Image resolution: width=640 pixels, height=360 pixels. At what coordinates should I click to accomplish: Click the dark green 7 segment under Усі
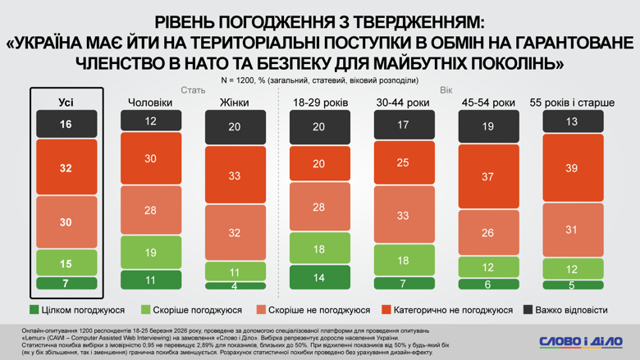[x=66, y=283]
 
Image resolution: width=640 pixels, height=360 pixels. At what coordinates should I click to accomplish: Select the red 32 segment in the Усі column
[x=66, y=168]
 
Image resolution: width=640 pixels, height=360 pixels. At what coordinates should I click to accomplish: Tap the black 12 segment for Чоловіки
[x=151, y=121]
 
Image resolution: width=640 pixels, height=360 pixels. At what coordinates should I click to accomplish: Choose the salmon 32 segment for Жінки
[x=235, y=233]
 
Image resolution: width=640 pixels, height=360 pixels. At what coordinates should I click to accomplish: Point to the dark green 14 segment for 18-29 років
[x=320, y=278]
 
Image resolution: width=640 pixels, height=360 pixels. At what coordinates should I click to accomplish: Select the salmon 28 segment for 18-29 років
[x=320, y=207]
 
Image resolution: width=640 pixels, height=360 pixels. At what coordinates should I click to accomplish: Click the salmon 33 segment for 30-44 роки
[x=405, y=216]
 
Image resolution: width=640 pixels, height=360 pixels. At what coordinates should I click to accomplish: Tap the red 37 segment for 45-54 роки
[x=489, y=176]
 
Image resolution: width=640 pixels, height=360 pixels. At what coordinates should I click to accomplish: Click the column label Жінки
[x=235, y=103]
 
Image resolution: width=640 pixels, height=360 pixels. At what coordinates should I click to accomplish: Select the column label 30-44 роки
[x=404, y=103]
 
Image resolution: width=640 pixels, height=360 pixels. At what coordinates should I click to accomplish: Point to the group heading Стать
[x=193, y=90]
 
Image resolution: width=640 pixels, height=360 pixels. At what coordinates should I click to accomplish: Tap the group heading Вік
[x=446, y=90]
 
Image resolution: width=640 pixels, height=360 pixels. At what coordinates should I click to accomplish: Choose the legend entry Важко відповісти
[x=566, y=310]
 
